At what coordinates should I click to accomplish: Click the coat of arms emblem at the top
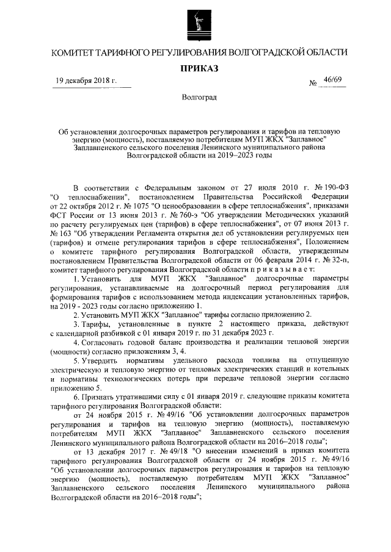point(195,23)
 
